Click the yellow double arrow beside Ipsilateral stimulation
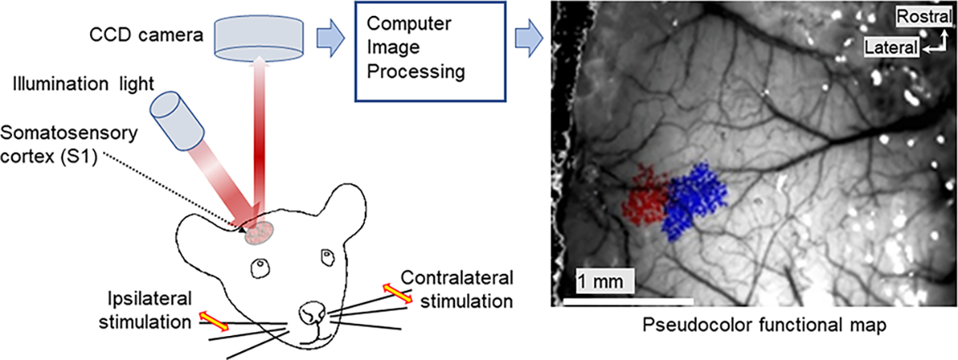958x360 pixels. (x=212, y=321)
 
